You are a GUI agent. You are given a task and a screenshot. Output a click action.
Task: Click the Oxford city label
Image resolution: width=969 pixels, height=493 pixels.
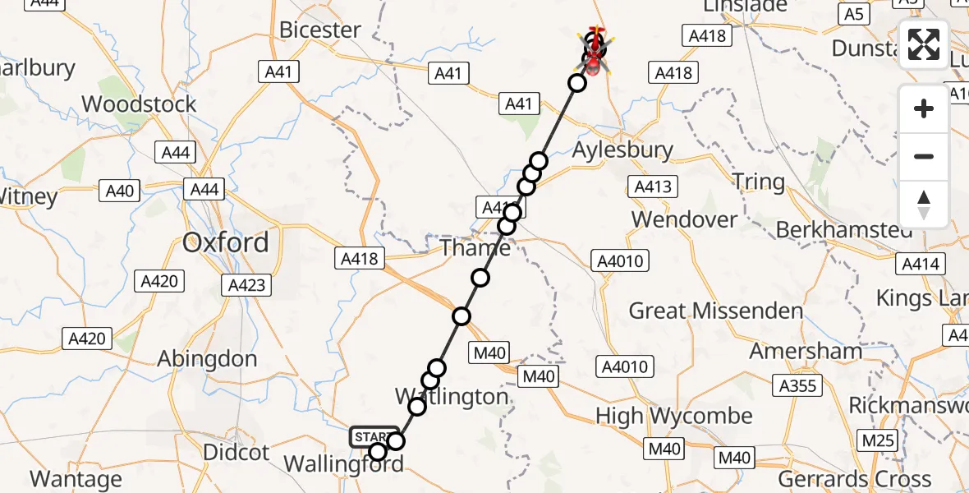pyautogui.click(x=226, y=242)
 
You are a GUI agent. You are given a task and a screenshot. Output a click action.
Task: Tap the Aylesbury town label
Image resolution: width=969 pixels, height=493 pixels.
pyautogui.click(x=622, y=150)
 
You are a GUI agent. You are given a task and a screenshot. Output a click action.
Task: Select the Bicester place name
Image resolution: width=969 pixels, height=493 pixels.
pyautogui.click(x=320, y=30)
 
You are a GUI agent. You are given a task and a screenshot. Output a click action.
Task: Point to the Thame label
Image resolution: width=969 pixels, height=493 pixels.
pyautogui.click(x=476, y=247)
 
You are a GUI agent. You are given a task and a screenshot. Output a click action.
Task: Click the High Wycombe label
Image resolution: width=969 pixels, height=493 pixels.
pyautogui.click(x=674, y=416)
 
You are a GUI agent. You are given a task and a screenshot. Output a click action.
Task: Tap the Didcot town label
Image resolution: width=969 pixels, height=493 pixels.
pyautogui.click(x=236, y=453)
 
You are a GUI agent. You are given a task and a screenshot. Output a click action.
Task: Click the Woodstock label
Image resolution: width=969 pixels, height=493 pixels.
pyautogui.click(x=140, y=104)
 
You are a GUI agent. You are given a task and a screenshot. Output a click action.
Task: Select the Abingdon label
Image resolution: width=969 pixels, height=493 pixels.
pyautogui.click(x=207, y=359)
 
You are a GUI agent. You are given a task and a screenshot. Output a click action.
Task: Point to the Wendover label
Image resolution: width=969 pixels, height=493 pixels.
pyautogui.click(x=685, y=219)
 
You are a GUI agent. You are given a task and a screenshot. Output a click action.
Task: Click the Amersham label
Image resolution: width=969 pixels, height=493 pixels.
pyautogui.click(x=806, y=352)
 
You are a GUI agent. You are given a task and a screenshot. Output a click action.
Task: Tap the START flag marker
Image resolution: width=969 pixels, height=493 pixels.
pyautogui.click(x=374, y=436)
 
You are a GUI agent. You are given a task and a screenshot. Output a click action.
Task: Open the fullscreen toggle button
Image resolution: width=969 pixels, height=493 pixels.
pyautogui.click(x=924, y=44)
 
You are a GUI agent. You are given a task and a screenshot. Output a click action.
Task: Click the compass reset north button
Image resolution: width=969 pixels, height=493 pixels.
pyautogui.click(x=924, y=205)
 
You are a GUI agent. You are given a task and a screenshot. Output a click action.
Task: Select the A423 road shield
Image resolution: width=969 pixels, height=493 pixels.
pyautogui.click(x=246, y=285)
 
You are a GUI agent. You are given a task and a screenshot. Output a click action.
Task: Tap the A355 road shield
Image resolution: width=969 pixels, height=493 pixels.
pyautogui.click(x=798, y=386)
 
